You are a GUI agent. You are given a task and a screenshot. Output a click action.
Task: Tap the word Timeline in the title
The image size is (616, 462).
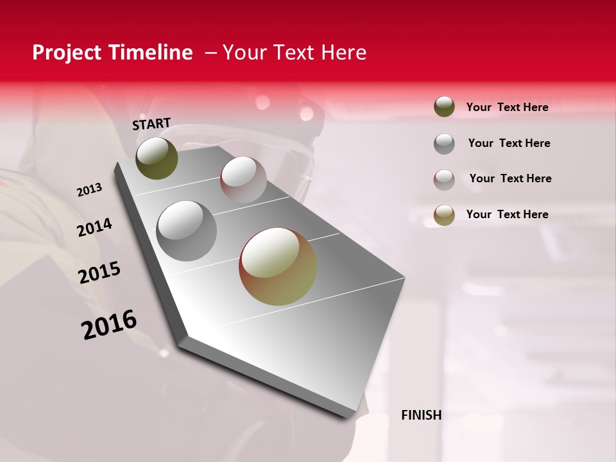pyautogui.click(x=151, y=53)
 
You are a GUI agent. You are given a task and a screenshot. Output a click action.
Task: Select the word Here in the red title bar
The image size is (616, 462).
pyautogui.click(x=343, y=53)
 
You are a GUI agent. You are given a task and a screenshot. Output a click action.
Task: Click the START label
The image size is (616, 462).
pyautogui.click(x=151, y=124)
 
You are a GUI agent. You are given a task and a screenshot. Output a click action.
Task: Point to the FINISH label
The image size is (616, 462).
pyautogui.click(x=421, y=415)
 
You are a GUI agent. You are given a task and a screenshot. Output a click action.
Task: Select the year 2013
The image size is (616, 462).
pyautogui.click(x=89, y=190)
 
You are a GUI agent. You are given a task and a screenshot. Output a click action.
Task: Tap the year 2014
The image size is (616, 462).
pyautogui.click(x=94, y=227)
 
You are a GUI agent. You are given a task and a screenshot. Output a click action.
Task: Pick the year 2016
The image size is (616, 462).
pyautogui.click(x=109, y=325)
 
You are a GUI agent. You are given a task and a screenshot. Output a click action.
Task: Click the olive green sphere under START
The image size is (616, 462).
pyautogui.click(x=157, y=158)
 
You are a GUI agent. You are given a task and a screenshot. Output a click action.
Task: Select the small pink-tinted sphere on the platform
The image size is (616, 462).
pyautogui.click(x=243, y=179)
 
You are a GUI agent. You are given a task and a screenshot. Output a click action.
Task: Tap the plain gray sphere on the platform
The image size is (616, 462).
pyautogui.click(x=187, y=231)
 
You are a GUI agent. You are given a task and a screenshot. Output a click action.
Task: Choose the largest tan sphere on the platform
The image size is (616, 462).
pyautogui.click(x=278, y=266)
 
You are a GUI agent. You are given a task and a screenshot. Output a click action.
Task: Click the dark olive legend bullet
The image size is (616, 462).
pyautogui.click(x=444, y=107)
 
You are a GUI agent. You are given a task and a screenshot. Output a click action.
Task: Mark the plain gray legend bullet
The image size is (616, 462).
pyautogui.click(x=444, y=143)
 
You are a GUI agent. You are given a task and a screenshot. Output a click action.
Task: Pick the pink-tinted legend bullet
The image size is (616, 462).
pyautogui.click(x=444, y=179)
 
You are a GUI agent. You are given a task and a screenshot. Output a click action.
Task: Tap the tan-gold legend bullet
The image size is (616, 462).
pyautogui.click(x=444, y=214)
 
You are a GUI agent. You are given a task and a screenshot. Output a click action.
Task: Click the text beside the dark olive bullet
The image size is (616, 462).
pyautogui.click(x=507, y=107)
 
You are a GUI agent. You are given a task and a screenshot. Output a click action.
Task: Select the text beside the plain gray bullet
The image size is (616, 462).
pyautogui.click(x=509, y=143)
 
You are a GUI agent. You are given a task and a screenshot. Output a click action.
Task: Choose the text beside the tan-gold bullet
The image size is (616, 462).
pyautogui.click(x=507, y=214)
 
